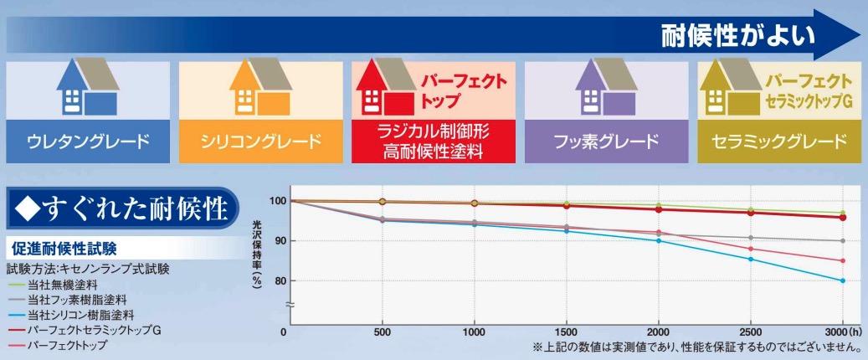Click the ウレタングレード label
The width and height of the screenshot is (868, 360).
[x=87, y=141]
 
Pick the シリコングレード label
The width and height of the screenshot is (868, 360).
[x=259, y=141]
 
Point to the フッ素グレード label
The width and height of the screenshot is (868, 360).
[x=605, y=141]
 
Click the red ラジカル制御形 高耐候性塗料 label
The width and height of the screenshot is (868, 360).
[x=432, y=141]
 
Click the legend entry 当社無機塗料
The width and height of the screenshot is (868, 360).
[x=62, y=285]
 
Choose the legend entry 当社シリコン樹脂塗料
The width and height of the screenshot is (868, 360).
[x=79, y=315]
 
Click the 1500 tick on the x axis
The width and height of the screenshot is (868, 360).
[x=568, y=332]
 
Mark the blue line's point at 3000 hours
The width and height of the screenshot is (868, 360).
[x=842, y=280]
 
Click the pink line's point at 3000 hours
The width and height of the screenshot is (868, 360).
[x=842, y=260]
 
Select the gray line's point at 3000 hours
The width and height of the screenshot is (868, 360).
[x=842, y=241]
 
